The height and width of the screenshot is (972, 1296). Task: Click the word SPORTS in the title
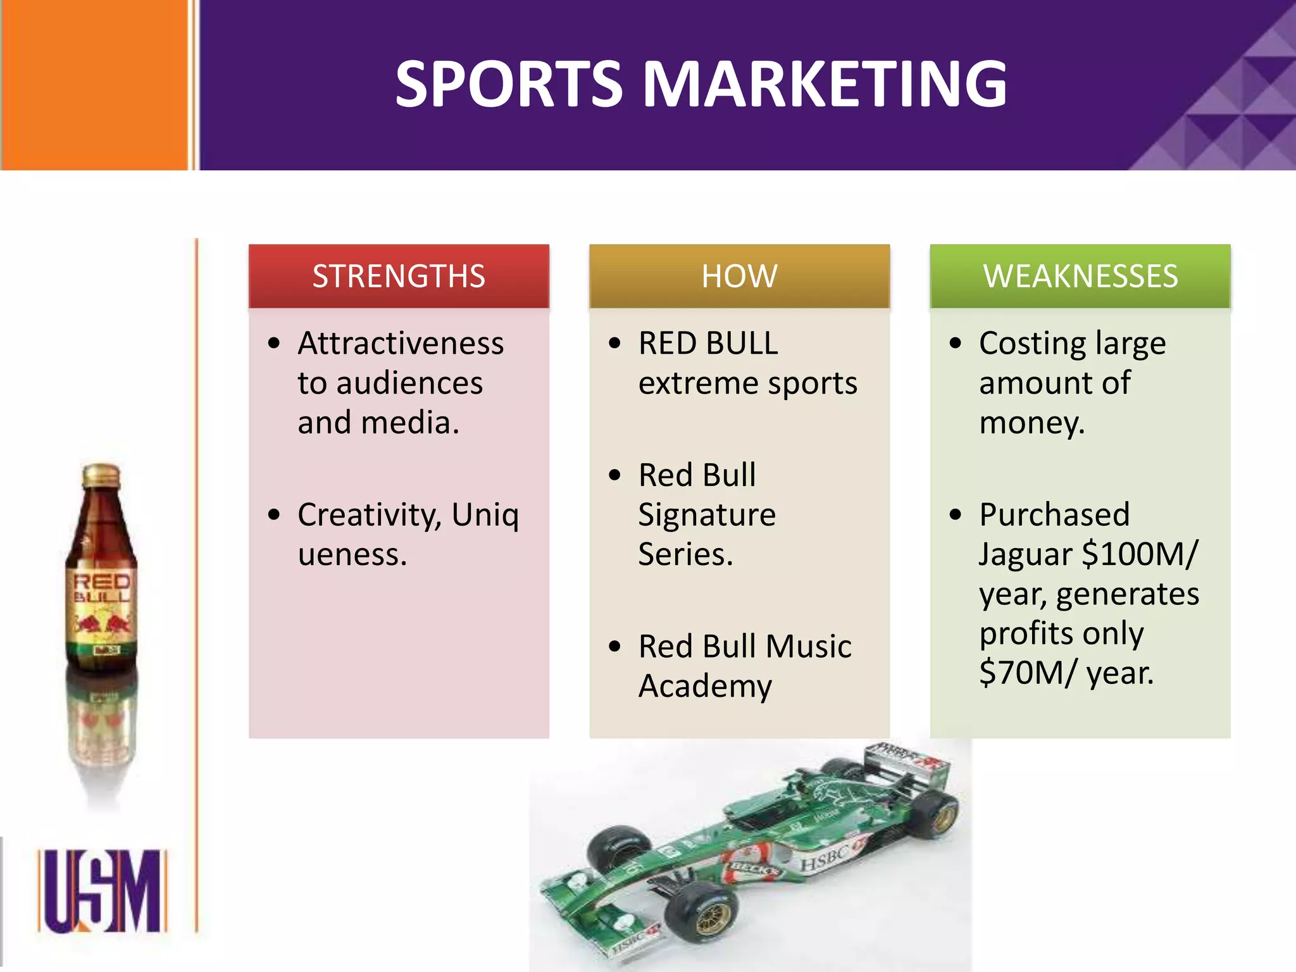click(x=509, y=84)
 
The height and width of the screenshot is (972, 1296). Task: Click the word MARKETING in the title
click(x=825, y=84)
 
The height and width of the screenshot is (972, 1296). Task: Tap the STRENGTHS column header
click(x=399, y=277)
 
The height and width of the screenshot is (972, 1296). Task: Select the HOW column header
click(x=739, y=277)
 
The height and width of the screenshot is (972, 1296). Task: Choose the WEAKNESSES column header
click(x=1080, y=277)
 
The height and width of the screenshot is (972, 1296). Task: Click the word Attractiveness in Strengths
click(x=401, y=344)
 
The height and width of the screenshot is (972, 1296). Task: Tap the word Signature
click(x=707, y=515)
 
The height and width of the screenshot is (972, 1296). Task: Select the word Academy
click(x=705, y=686)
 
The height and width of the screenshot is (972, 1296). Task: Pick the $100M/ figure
click(x=1140, y=554)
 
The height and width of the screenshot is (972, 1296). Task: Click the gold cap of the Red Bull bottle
click(x=101, y=475)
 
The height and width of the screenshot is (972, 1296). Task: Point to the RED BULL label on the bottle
click(x=102, y=589)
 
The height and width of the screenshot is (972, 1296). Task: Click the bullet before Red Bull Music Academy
click(x=615, y=647)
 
